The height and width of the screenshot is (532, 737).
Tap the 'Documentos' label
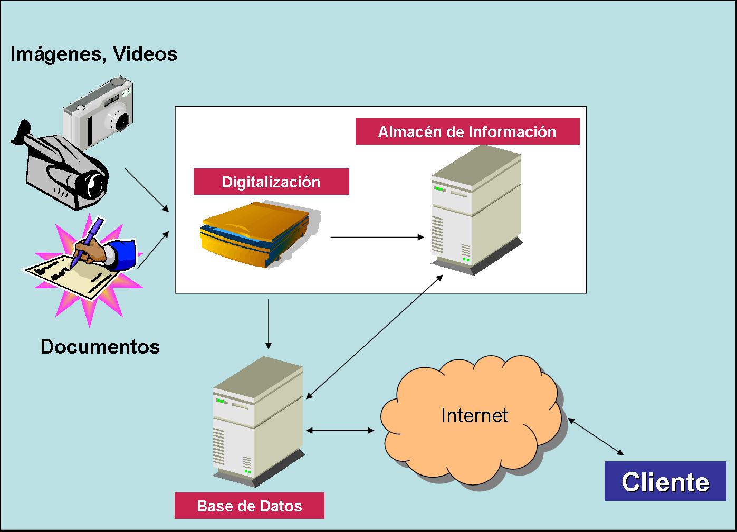point(100,347)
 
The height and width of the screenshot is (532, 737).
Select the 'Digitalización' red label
point(271,182)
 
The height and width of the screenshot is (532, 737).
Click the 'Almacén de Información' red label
point(467,132)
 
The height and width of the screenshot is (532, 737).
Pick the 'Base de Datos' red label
point(250,506)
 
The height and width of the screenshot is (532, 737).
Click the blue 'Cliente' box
point(665,481)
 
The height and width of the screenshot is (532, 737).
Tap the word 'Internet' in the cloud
point(474,415)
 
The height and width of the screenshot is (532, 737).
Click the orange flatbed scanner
point(260,234)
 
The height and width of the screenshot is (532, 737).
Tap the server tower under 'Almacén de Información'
point(477,210)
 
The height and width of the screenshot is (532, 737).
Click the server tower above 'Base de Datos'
point(259,422)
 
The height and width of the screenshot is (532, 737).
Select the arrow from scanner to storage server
point(377,236)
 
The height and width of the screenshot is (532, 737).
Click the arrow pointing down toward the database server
point(269,324)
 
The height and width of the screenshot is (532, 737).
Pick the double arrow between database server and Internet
point(340,430)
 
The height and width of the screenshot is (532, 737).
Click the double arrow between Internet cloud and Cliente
point(596,436)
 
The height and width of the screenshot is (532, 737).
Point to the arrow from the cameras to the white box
point(147,191)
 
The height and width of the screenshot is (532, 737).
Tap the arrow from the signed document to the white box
point(154,250)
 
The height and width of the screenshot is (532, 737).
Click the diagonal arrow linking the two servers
point(375,337)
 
